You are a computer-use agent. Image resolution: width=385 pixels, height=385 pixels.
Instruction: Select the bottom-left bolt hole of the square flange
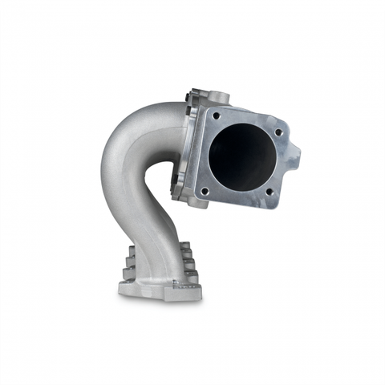pos(205,190)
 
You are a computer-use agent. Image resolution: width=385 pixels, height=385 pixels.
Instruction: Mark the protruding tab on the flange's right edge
pos(296,152)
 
